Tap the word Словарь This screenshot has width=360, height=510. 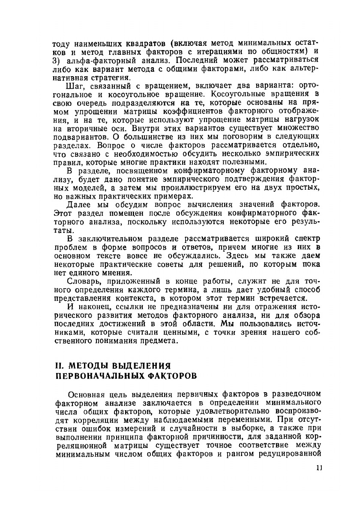pos(86,281)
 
